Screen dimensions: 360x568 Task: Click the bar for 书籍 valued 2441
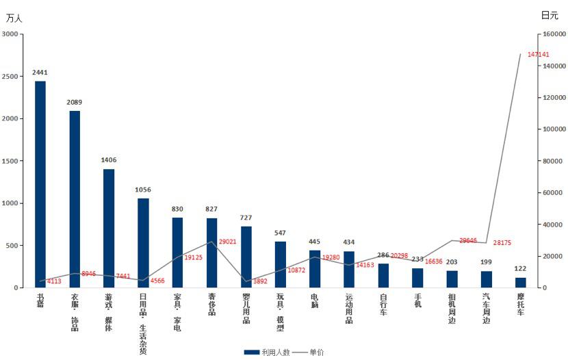click(x=40, y=185)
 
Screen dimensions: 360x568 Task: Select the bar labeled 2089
click(x=75, y=199)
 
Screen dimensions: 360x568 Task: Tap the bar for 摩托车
click(x=521, y=283)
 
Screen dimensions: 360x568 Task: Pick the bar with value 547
click(x=281, y=264)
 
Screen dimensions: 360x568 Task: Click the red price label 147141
click(x=539, y=54)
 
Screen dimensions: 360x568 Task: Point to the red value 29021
click(x=229, y=242)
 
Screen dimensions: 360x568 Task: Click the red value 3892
click(x=261, y=281)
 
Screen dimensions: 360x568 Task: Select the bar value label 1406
click(x=109, y=160)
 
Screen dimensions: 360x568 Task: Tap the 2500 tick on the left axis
click(x=11, y=76)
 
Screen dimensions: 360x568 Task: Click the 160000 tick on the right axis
click(x=552, y=34)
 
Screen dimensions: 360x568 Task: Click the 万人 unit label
click(x=14, y=18)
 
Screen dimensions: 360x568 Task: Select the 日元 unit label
click(x=550, y=15)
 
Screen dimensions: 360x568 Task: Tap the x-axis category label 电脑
click(x=315, y=301)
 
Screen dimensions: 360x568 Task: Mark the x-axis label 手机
click(x=417, y=301)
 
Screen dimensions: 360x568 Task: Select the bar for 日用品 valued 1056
click(x=143, y=243)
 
